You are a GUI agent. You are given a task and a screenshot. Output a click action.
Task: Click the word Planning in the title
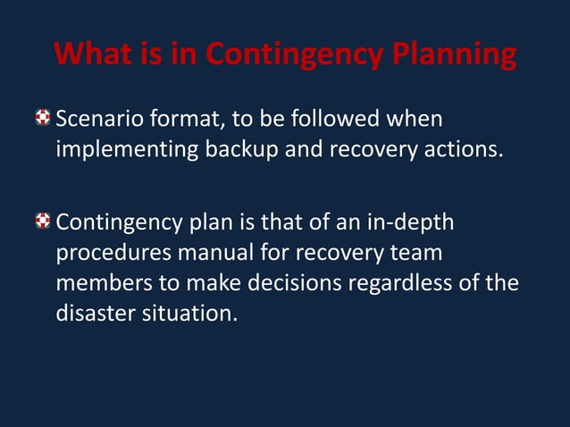[x=453, y=56]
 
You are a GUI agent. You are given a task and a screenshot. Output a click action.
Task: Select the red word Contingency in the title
[x=290, y=56]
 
